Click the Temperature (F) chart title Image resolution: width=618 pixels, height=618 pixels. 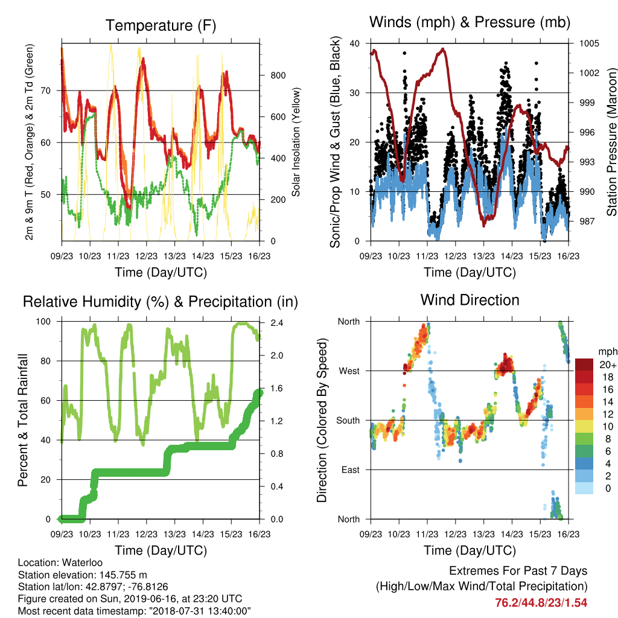(x=161, y=25)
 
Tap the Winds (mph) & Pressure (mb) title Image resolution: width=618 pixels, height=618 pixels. (x=470, y=22)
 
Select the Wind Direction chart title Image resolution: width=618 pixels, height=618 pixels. (x=470, y=300)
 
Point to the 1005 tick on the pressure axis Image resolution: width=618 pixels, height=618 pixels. (x=589, y=43)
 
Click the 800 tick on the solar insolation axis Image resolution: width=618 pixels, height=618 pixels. (x=278, y=75)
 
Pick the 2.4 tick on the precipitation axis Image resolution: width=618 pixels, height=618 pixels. (x=276, y=323)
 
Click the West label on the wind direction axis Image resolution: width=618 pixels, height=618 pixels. (x=349, y=371)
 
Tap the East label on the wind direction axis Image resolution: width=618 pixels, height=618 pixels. (x=351, y=470)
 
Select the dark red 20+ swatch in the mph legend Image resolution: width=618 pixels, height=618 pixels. (x=584, y=365)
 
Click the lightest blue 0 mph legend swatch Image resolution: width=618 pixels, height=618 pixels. (x=584, y=488)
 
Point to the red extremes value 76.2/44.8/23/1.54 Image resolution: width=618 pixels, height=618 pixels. (x=541, y=603)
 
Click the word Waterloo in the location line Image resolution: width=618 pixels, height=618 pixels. (x=82, y=562)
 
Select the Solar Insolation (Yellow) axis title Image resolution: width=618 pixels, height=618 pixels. (x=296, y=142)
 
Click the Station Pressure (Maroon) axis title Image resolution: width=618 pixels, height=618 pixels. (x=611, y=142)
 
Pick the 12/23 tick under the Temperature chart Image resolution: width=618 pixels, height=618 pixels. (x=146, y=256)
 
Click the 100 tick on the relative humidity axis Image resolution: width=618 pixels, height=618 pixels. (x=43, y=321)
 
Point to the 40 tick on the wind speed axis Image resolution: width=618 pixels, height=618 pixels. (x=354, y=43)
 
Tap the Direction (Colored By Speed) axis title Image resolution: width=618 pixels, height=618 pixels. (x=322, y=420)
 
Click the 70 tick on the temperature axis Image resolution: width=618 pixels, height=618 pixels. (x=46, y=91)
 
